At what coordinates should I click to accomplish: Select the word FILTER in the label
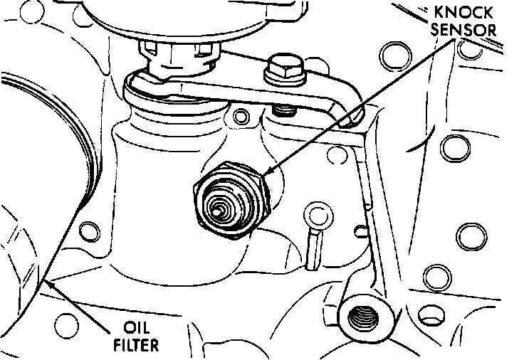[138, 346]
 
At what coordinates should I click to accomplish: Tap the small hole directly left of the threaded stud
[241, 115]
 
